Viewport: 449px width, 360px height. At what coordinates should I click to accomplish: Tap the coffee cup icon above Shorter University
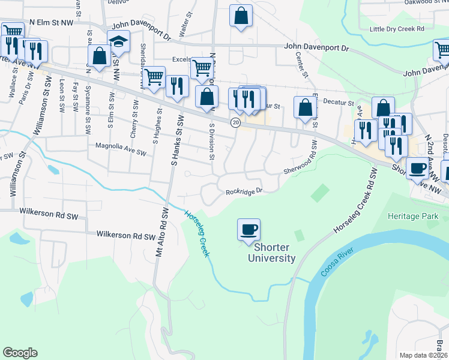pos(249,230)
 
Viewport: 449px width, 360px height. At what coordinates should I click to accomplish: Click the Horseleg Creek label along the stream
pos(197,233)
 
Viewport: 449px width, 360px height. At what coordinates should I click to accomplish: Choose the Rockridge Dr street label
pos(244,192)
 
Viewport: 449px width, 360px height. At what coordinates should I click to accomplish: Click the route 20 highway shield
pos(236,122)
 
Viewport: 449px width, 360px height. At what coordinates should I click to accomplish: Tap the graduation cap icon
pos(119,43)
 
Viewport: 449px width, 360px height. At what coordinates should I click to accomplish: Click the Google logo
pos(20,353)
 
